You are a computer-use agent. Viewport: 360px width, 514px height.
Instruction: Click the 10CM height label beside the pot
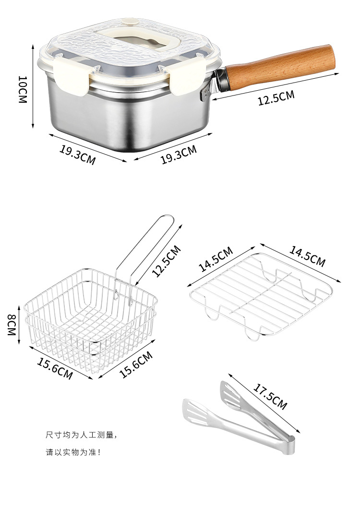(x=22, y=89)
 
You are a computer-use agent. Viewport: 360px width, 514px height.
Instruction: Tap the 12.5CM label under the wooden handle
(x=276, y=98)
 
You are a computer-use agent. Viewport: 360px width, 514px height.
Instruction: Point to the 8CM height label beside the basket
(x=12, y=324)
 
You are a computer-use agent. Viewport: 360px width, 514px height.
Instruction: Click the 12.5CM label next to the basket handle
(x=167, y=261)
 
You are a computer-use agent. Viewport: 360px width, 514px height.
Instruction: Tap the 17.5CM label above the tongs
(x=270, y=396)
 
